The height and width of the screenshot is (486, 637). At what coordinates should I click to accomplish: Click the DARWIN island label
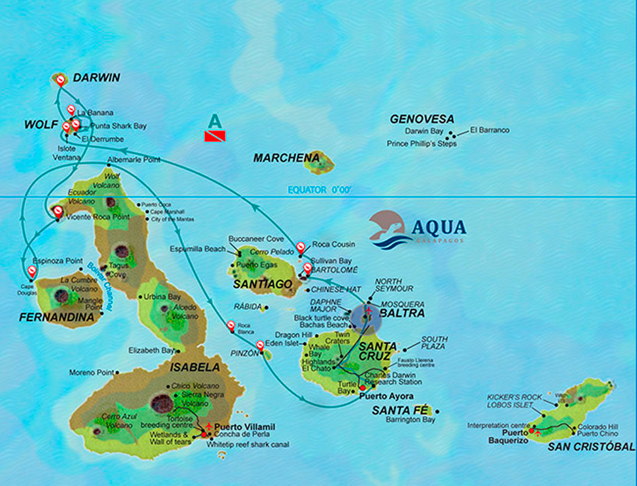96,78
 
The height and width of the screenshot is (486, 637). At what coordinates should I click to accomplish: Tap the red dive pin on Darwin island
60,80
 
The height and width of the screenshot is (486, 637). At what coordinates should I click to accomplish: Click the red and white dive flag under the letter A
215,137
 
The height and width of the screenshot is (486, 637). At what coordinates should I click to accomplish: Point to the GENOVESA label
422,119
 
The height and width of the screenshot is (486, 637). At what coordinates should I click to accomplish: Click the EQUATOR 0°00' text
319,190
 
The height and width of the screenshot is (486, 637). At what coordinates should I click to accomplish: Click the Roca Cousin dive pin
301,247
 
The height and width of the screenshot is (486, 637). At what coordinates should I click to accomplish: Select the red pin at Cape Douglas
32,270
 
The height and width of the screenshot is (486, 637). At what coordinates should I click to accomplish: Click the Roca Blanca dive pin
231,325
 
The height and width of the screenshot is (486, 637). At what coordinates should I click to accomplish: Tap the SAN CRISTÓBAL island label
591,446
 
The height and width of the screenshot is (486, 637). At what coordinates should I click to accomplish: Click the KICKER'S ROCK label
514,397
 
